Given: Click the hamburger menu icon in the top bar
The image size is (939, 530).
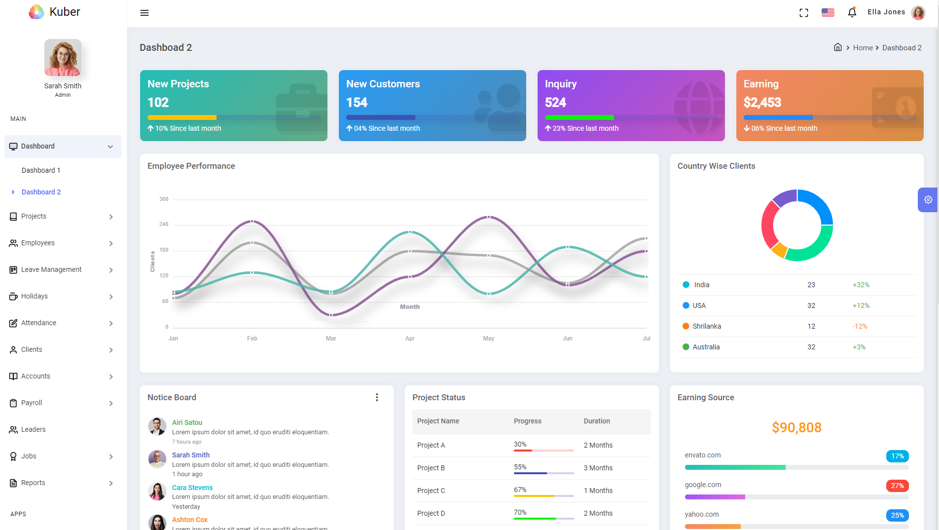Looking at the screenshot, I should click(144, 13).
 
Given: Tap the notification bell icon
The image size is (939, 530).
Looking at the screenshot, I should click(852, 12).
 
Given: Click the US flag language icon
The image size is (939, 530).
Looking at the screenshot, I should click(828, 12).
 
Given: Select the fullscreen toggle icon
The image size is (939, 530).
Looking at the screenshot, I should click(803, 13).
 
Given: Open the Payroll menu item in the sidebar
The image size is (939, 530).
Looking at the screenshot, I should click(32, 403).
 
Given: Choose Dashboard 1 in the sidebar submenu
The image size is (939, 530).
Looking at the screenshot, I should click(41, 170).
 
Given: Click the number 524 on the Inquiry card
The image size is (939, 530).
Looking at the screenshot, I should click(555, 103).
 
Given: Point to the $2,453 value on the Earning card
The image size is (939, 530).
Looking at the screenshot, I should click(762, 103).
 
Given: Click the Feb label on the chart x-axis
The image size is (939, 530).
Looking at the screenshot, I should click(252, 339).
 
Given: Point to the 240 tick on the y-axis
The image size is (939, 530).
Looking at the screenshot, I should click(164, 225).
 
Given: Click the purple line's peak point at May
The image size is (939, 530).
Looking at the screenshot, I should click(489, 217).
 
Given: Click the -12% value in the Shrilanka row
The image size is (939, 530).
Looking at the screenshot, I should click(860, 326).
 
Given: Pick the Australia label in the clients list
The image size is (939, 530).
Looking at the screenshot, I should click(706, 347).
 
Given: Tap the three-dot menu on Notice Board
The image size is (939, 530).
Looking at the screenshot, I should click(377, 397).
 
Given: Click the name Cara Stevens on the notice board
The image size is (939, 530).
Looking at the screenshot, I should click(192, 488).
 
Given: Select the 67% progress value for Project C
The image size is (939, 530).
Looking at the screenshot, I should click(520, 490).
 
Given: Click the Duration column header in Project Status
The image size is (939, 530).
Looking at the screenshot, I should click(597, 421).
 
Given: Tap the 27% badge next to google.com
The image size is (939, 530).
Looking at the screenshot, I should click(897, 486).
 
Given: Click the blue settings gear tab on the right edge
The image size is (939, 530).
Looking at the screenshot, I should click(928, 200).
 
